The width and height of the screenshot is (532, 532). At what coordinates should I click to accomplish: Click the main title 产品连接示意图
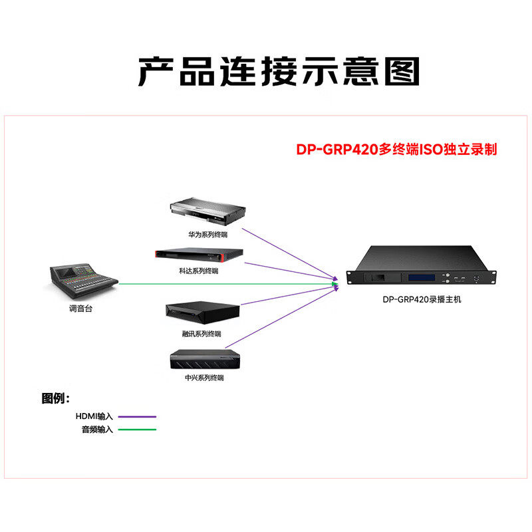click(279, 71)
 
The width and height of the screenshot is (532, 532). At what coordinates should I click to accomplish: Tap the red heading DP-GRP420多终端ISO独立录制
click(396, 150)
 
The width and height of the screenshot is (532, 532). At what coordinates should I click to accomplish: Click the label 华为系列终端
click(207, 235)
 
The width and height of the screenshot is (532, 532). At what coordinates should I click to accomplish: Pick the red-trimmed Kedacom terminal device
click(198, 255)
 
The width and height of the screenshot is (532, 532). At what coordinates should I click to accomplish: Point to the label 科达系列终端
click(199, 271)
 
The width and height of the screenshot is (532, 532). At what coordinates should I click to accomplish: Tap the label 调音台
click(78, 309)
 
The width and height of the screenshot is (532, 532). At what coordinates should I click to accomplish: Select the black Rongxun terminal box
click(202, 314)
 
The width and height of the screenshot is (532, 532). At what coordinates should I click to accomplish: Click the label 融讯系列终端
click(202, 333)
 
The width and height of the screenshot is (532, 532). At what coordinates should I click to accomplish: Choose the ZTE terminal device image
click(204, 360)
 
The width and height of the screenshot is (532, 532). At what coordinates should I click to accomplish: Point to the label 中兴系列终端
click(204, 378)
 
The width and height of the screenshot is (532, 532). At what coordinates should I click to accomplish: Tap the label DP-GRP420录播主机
click(422, 300)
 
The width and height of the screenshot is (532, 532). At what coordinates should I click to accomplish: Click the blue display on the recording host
click(422, 277)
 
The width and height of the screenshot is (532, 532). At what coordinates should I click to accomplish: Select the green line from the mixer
click(226, 284)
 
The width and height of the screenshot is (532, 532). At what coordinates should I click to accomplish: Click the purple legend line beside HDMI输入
click(136, 417)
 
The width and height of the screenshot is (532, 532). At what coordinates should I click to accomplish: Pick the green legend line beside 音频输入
click(136, 430)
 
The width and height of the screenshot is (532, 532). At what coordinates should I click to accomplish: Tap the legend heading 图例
click(55, 399)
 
